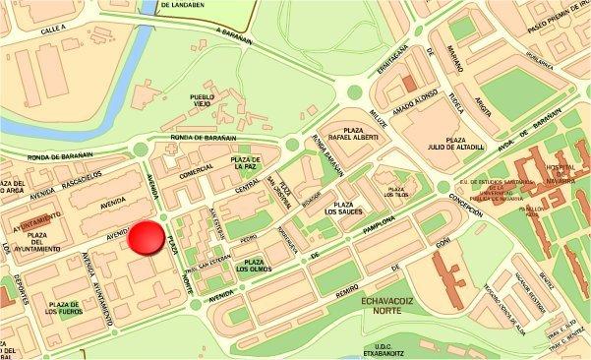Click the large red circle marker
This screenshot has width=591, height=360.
pos(147,238)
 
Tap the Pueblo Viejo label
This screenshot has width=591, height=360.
pos(207,102)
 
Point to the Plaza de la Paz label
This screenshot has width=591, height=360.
pos(244,163)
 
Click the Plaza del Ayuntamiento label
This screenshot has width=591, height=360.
pos(38,242)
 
